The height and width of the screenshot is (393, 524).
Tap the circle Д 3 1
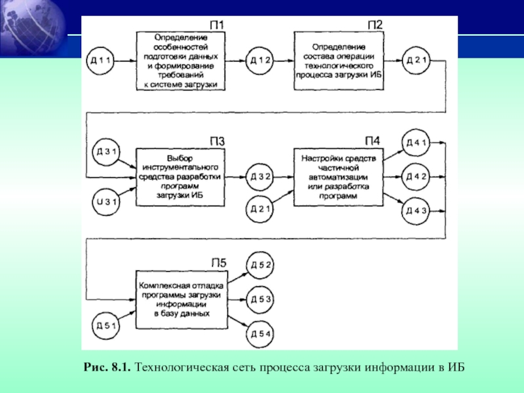[106, 153]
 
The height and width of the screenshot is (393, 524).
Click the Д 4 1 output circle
[417, 143]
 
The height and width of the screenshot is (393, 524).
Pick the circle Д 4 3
[417, 210]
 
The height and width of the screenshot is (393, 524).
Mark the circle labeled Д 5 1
[106, 325]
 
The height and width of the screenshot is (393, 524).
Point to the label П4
[373, 141]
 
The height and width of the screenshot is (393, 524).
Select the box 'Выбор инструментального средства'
[182, 177]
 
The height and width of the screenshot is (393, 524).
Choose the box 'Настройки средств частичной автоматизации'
[339, 177]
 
